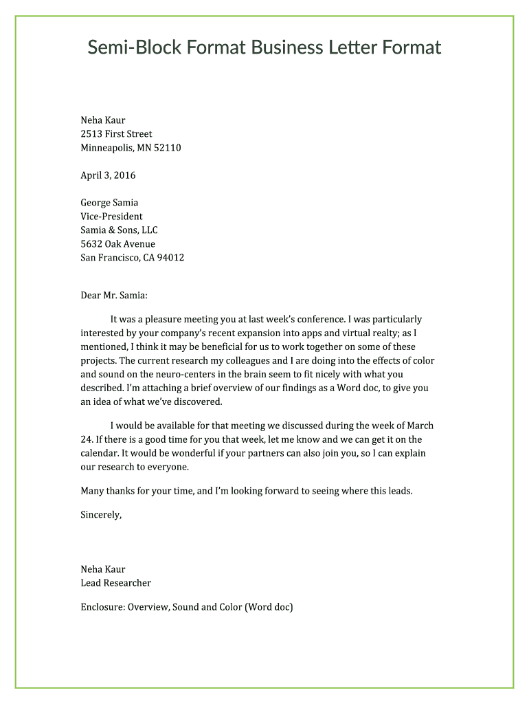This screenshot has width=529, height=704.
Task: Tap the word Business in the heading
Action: (286, 47)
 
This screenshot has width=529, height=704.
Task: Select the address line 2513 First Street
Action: (116, 134)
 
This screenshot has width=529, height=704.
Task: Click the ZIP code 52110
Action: (168, 148)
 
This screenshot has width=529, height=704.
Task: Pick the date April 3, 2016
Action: (108, 175)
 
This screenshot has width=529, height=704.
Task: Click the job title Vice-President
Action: (111, 217)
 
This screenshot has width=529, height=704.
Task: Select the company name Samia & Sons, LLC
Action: (119, 230)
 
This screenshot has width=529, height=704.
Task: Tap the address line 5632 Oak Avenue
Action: (117, 244)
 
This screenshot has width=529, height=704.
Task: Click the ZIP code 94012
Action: (170, 258)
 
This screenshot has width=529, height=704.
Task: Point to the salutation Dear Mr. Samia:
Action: (114, 296)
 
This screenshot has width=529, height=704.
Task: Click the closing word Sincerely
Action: (101, 514)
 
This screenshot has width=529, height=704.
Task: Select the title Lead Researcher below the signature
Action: (115, 583)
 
